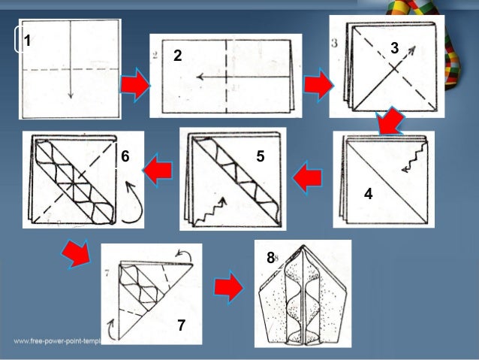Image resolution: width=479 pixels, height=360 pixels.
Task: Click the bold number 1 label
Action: pyautogui.click(x=27, y=41)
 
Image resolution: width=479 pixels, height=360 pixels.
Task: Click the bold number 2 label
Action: pyautogui.click(x=178, y=55)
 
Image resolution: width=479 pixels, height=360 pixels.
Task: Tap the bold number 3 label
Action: pyautogui.click(x=394, y=48)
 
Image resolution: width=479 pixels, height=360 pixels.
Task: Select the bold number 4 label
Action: pyautogui.click(x=368, y=193)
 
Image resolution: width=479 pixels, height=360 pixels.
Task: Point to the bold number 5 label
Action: pyautogui.click(x=261, y=156)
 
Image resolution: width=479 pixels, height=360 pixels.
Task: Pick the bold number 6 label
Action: pyautogui.click(x=125, y=156)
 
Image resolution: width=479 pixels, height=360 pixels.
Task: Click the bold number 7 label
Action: pyautogui.click(x=181, y=325)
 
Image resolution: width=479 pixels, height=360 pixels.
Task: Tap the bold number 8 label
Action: pyautogui.click(x=270, y=258)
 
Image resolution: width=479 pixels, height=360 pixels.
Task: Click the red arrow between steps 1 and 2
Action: pyautogui.click(x=134, y=85)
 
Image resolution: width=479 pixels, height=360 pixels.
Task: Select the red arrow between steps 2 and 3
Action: pyautogui.click(x=317, y=86)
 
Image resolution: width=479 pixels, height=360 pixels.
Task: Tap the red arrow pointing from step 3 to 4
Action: pyautogui.click(x=390, y=120)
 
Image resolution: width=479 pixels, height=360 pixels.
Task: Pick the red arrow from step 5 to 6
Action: pyautogui.click(x=158, y=172)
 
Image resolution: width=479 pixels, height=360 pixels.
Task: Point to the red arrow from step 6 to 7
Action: pyautogui.click(x=76, y=253)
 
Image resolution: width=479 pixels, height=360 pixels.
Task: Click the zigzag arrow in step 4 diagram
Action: pyautogui.click(x=411, y=160)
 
